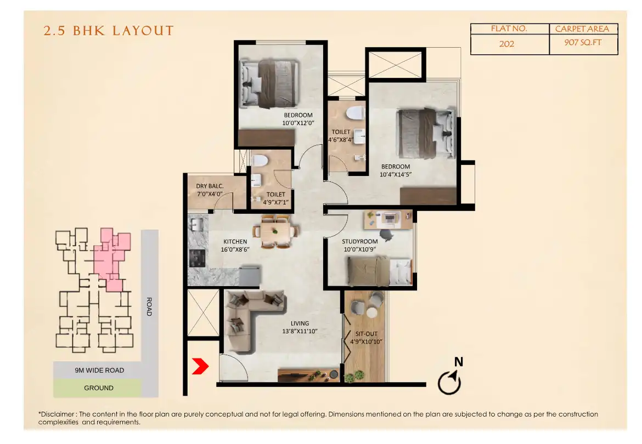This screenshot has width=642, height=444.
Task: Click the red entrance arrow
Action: coord(199,366)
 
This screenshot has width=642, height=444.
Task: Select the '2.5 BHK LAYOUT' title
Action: coord(109,31)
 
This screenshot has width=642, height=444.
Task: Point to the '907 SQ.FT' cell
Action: coord(583,43)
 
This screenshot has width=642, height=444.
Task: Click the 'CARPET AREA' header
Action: coord(583,29)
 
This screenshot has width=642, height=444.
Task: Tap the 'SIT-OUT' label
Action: coord(366,334)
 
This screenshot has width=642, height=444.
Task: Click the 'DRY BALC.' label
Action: coord(210,186)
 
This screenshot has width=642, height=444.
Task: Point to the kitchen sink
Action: coord(196,224)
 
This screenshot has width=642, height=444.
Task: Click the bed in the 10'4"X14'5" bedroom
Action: coord(426,132)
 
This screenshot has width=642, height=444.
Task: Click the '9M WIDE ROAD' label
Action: coord(99,371)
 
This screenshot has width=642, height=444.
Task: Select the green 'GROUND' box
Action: coord(99,388)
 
